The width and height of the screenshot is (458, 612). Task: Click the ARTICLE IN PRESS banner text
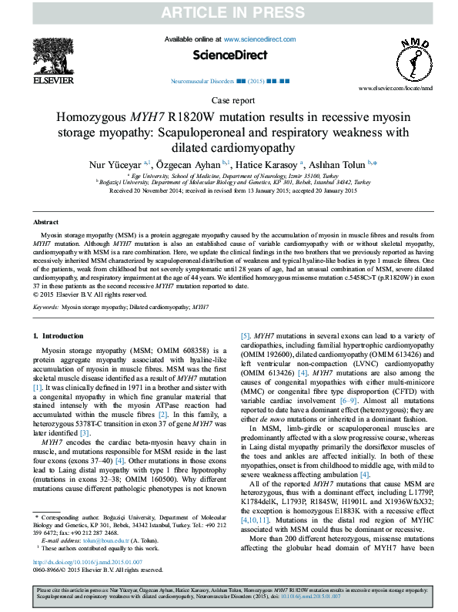229,12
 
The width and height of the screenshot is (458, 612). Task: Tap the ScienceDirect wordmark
229,55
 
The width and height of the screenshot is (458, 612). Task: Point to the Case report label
229,101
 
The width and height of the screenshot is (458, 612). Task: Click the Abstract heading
47,221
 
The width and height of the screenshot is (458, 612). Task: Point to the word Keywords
45,306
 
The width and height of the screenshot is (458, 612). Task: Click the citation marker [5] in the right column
246,337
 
